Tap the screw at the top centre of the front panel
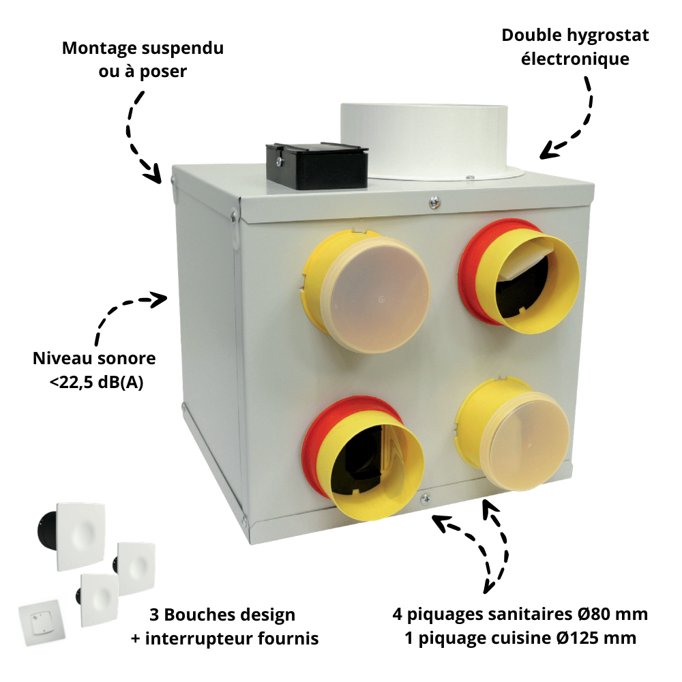point(434,202)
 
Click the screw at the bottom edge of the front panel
point(426,499)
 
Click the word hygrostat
point(606,36)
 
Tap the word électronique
point(575,59)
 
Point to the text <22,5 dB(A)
point(96,383)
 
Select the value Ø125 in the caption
point(578,638)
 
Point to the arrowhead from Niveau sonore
point(158,299)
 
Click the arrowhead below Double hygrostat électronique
point(550,151)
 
